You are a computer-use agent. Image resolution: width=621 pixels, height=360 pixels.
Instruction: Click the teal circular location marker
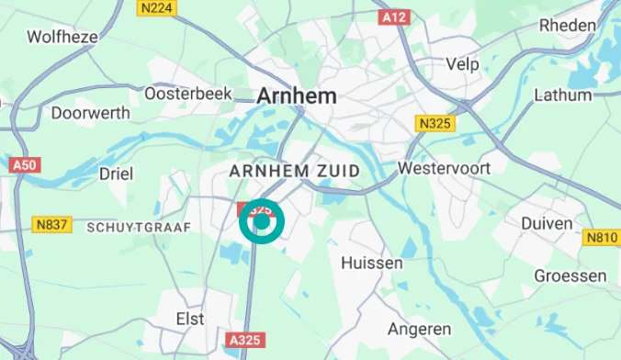262,221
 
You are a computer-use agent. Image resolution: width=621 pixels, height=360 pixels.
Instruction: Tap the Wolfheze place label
62,37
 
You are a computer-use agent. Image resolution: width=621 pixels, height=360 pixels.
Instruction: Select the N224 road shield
156,7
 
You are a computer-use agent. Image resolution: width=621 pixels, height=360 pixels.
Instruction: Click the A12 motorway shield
393,17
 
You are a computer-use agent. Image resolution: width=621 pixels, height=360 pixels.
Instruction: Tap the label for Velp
462,63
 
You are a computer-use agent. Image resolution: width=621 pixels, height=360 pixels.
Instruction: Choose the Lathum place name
562,94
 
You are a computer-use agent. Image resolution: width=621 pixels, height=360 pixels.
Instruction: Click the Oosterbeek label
180,94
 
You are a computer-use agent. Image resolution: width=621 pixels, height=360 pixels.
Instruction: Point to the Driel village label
117,173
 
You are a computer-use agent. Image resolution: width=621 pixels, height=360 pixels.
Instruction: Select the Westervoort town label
444,169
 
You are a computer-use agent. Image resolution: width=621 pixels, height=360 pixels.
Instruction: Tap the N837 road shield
53,224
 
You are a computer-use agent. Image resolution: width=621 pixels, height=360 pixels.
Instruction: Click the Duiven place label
547,223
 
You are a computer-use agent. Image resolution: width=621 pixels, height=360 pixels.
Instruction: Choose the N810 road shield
602,238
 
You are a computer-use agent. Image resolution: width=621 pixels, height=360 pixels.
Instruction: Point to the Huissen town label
371,263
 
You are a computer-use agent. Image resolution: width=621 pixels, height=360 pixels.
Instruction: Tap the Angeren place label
419,328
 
